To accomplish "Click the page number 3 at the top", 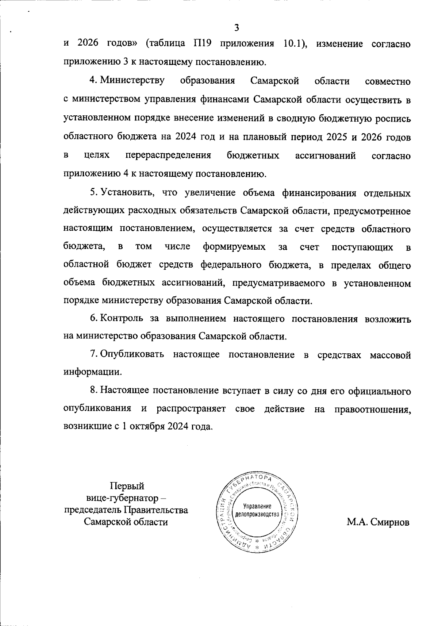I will click(x=237, y=28).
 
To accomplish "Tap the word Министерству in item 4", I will click(x=132, y=80).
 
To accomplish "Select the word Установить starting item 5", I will click(x=126, y=192).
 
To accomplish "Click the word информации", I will click(x=92, y=372).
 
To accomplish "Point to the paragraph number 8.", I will click(x=93, y=391).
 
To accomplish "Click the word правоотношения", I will click(x=372, y=409).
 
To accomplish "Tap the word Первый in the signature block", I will click(x=127, y=486).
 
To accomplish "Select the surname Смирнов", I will click(x=389, y=522).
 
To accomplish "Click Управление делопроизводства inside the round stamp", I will click(x=257, y=510).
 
